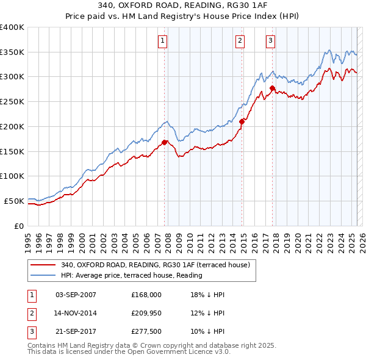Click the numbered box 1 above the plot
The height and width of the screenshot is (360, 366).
(163, 41)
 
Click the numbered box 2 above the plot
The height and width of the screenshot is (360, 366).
(240, 41)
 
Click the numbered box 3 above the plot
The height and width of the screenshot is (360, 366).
(270, 41)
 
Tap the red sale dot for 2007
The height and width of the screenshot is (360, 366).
(165, 143)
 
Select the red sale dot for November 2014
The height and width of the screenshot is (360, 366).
(242, 121)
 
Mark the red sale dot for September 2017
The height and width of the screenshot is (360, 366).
(272, 88)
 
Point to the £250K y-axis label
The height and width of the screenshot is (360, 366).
(12, 102)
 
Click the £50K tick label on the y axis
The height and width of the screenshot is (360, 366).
(14, 201)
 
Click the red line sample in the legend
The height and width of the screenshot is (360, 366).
(43, 265)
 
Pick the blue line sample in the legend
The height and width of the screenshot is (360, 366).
(43, 276)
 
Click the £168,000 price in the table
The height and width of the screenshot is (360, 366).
(146, 295)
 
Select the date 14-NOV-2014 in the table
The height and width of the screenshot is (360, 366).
(76, 314)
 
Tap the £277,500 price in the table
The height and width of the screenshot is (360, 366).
(146, 333)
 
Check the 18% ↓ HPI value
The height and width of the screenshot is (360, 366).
(208, 295)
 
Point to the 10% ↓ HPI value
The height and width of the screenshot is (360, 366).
(208, 333)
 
